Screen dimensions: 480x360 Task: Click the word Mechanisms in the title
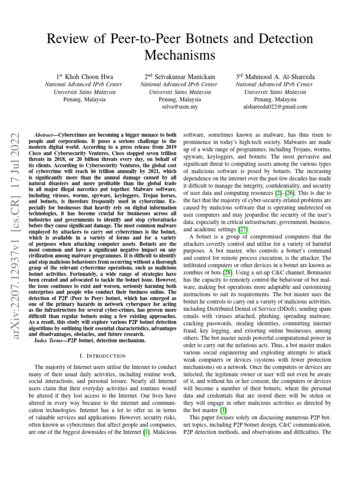pyautogui.click(x=180, y=55)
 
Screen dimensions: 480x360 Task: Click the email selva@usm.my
pyautogui.click(x=180, y=107)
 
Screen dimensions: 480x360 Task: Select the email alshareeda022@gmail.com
pyautogui.click(x=275, y=107)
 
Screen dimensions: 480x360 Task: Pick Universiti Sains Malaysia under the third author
pyautogui.click(x=275, y=92)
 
